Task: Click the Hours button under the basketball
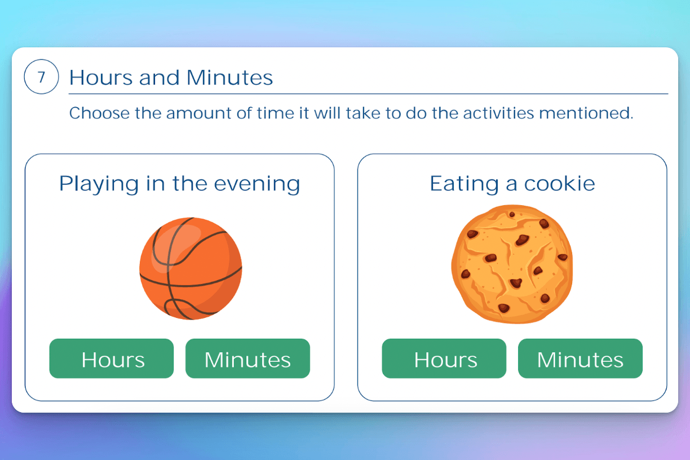112,359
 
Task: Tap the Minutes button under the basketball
247,359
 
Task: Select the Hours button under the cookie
444,359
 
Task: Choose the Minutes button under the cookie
580,359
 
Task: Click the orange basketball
191,269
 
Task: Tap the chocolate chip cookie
512,264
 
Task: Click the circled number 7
41,77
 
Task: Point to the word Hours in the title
101,77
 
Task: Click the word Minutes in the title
230,77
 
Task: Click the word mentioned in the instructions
586,113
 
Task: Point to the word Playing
99,184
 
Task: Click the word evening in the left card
257,184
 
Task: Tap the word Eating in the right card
464,184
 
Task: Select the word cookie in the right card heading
560,184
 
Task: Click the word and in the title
160,77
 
